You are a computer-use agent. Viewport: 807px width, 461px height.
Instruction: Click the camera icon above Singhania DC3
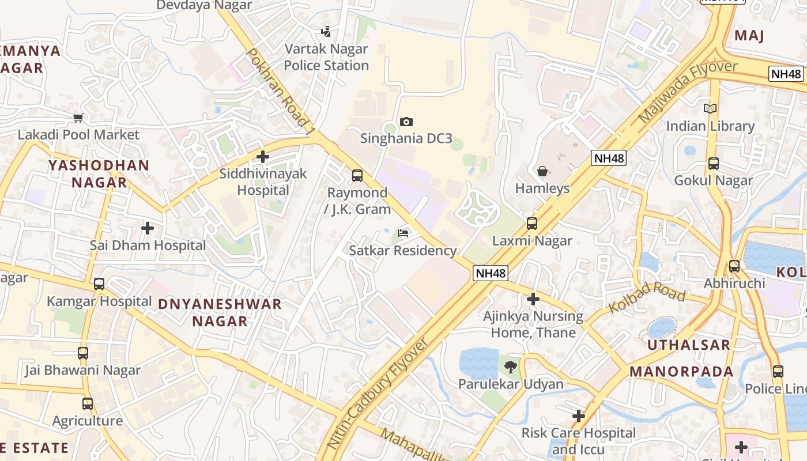406,122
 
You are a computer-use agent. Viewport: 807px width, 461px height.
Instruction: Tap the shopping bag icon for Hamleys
542,171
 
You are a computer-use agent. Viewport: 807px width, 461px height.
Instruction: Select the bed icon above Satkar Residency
403,233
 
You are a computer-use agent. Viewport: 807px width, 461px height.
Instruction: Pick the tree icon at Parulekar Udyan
511,366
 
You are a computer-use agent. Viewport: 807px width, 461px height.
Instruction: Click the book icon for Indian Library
710,108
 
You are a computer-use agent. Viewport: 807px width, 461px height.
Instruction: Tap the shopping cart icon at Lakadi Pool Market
78,118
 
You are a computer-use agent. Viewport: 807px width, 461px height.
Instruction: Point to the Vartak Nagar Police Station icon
326,32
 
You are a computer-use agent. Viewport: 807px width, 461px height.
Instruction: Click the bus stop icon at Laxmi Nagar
532,224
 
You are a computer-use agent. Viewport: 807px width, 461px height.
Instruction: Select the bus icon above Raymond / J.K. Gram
357,175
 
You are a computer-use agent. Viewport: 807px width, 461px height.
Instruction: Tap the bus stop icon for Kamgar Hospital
99,284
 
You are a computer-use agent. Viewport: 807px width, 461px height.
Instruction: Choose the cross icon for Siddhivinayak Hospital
263,156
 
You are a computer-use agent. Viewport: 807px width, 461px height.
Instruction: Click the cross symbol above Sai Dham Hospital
148,228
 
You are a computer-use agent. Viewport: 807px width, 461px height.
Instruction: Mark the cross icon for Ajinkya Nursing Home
533,299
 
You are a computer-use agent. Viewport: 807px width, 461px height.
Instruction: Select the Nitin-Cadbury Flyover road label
378,393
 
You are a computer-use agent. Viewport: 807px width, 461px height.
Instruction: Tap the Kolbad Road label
646,299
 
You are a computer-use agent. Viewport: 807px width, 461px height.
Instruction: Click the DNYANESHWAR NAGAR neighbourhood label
220,312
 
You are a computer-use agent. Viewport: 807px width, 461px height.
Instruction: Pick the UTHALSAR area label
688,345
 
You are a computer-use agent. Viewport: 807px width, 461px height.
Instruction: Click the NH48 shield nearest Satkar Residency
491,273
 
